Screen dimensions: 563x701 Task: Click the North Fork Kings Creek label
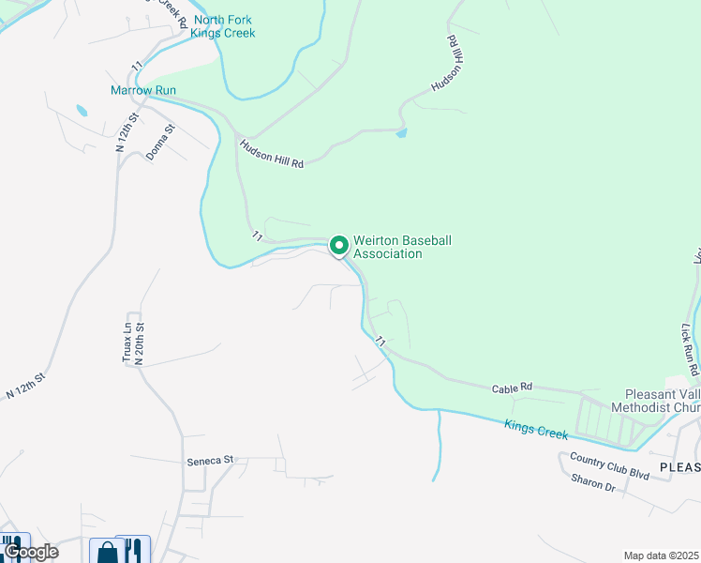click(222, 26)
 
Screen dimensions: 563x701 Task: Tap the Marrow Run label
click(143, 90)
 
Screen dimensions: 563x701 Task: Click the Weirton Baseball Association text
click(402, 247)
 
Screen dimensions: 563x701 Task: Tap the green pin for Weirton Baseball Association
click(338, 247)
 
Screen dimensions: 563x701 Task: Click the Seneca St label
click(208, 461)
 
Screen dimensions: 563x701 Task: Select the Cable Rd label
click(512, 387)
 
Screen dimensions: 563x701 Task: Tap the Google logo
click(31, 551)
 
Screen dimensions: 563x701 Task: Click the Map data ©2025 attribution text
click(662, 555)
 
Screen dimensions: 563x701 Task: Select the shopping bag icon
click(108, 551)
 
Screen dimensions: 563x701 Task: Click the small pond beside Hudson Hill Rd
click(402, 133)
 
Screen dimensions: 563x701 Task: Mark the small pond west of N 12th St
click(81, 111)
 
